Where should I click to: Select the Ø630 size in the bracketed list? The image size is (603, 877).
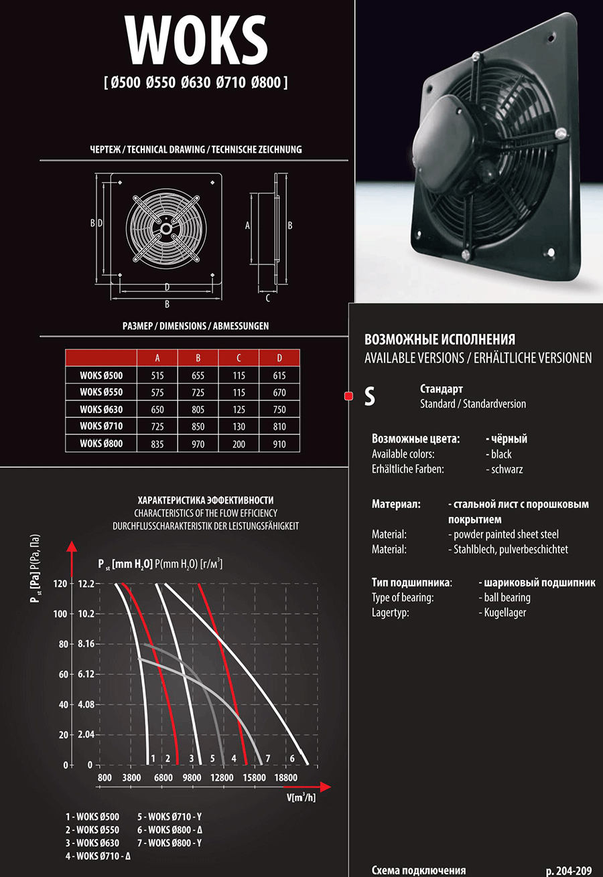tap(196, 84)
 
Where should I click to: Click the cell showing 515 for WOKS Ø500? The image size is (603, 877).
tap(157, 376)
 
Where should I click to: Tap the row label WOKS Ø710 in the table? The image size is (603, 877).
tap(101, 426)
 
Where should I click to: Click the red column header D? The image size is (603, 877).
tap(279, 357)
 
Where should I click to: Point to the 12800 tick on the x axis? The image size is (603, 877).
tap(222, 778)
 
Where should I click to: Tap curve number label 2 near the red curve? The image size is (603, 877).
tap(167, 758)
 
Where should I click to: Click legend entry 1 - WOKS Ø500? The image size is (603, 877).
tap(92, 817)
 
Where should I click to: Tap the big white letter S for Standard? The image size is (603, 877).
tap(369, 396)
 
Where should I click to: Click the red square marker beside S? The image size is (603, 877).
tap(348, 396)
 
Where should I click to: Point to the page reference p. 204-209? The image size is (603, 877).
tap(569, 871)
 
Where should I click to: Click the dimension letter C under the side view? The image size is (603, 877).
tap(268, 298)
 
